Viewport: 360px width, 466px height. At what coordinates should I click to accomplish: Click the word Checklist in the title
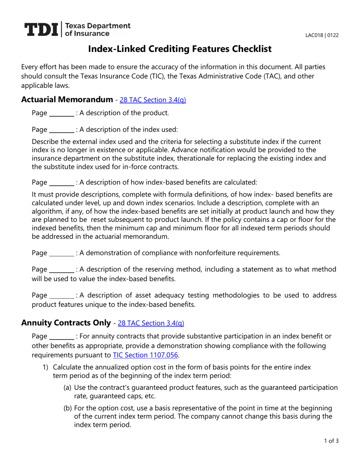coord(248,48)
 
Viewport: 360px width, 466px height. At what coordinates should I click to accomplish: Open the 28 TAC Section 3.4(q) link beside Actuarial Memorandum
coord(153,100)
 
